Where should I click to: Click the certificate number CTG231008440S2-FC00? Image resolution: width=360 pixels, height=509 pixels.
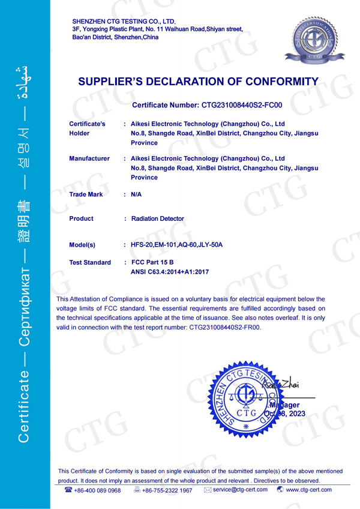click(x=240, y=105)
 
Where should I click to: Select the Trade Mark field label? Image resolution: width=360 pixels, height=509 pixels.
click(x=86, y=194)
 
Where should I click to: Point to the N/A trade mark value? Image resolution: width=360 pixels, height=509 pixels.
click(x=136, y=194)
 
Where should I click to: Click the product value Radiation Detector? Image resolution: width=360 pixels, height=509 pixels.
click(x=157, y=218)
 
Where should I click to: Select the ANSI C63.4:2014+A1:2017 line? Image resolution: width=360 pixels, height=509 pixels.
click(x=169, y=272)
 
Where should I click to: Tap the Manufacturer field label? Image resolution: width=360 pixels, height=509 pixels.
click(x=89, y=158)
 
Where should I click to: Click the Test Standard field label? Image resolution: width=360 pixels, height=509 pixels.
click(x=90, y=262)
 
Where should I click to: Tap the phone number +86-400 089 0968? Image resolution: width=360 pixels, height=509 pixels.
click(x=97, y=490)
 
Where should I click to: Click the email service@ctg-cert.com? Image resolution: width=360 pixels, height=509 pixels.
click(x=239, y=490)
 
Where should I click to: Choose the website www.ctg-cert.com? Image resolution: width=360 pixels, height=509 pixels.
click(x=308, y=490)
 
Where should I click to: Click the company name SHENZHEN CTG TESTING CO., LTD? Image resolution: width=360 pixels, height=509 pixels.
click(x=123, y=21)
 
